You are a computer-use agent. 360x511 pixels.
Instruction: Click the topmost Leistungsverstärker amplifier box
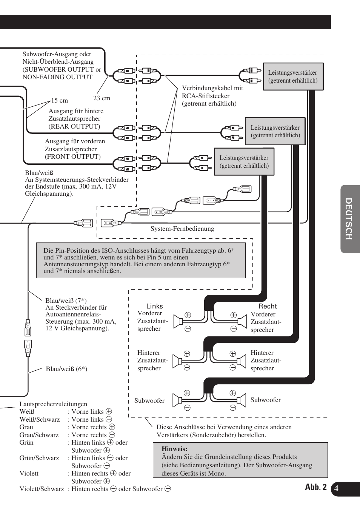(x=293, y=77)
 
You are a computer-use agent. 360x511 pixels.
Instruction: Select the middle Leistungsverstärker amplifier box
(x=275, y=131)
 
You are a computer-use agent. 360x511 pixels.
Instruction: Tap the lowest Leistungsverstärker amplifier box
(x=244, y=162)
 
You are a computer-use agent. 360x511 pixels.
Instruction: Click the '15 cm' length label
(x=60, y=101)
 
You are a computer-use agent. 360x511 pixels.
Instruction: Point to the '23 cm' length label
(x=102, y=98)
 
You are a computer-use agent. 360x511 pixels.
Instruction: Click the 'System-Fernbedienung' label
(x=182, y=229)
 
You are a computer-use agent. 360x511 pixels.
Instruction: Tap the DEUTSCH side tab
(x=349, y=219)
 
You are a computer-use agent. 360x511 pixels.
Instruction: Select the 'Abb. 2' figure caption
(x=316, y=487)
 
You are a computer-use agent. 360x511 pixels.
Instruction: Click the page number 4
(x=336, y=489)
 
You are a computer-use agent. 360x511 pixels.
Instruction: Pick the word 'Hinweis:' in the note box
(x=174, y=449)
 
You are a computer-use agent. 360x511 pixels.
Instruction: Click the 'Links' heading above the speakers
(x=155, y=306)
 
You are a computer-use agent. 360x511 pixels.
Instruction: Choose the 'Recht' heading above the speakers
(x=268, y=306)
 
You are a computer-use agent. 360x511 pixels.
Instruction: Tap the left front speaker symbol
(x=178, y=321)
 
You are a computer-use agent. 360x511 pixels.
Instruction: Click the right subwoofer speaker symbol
(x=241, y=400)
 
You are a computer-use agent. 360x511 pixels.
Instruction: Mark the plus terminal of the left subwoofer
(x=187, y=393)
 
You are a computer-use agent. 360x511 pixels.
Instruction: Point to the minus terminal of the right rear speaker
(x=233, y=367)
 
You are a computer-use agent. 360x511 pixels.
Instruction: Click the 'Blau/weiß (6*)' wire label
(x=66, y=369)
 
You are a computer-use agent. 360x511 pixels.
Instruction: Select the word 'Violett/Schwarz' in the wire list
(x=42, y=489)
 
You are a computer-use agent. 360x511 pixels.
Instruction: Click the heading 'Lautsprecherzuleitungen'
(x=53, y=404)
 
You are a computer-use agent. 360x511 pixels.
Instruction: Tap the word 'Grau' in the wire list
(x=26, y=427)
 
